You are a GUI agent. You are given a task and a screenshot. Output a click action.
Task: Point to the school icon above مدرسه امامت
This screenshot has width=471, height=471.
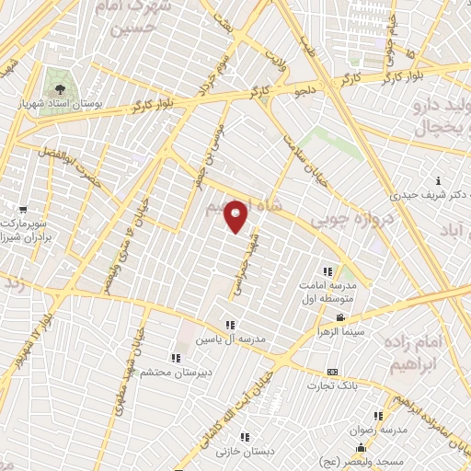(x=327, y=271)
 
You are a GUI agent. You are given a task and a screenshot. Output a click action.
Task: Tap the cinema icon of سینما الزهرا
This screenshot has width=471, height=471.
(x=340, y=318)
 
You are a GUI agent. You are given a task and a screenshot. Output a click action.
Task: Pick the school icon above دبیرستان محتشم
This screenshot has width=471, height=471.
(x=175, y=358)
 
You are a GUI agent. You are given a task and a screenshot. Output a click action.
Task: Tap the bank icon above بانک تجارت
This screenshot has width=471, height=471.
(x=333, y=373)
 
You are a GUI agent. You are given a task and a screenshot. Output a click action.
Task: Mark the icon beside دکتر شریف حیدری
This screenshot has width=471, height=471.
(x=438, y=181)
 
